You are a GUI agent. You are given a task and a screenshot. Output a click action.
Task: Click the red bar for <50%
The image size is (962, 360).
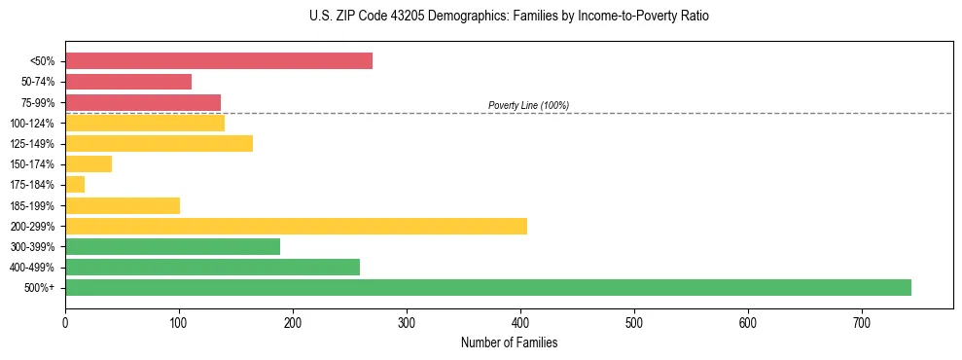pos(219,61)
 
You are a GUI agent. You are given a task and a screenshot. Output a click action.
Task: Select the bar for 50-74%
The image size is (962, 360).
pos(128,82)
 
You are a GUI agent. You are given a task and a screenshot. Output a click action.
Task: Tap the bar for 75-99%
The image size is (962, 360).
pos(143,102)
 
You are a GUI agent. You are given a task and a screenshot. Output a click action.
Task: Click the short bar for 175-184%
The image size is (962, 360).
pos(75,185)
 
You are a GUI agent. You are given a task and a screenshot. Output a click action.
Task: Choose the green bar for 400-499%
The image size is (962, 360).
pos(212,267)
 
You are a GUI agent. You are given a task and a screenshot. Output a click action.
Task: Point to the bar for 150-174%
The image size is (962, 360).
pos(89,164)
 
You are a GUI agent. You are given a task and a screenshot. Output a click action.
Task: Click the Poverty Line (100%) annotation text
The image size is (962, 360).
pos(528,105)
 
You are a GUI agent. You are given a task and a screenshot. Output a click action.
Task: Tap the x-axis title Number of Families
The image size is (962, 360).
pos(509,343)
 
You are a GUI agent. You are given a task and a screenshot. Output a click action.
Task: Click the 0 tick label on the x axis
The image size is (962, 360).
pos(65,322)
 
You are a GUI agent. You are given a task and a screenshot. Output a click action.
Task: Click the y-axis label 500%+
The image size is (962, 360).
pos(41,288)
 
